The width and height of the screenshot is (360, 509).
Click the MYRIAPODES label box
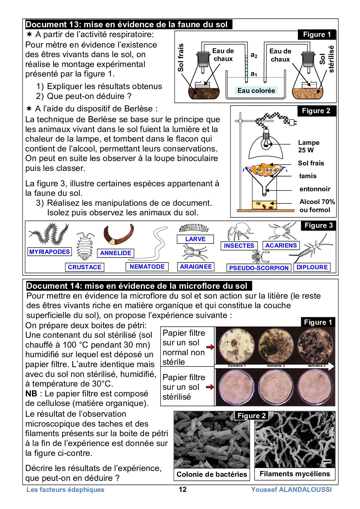(50, 252)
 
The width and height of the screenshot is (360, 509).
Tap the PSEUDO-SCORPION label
(259, 268)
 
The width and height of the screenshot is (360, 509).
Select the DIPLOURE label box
(312, 267)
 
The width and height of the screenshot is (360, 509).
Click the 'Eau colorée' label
(256, 91)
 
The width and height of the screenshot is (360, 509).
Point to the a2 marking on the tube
(254, 55)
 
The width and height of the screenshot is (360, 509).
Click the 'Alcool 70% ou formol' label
(317, 206)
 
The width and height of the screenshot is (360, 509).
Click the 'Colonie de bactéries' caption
(212, 474)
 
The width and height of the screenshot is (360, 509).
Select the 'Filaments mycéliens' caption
(295, 474)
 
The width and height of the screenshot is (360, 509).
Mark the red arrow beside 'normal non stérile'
(210, 347)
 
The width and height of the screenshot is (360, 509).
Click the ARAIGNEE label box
(196, 267)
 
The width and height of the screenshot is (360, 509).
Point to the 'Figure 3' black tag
(318, 225)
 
